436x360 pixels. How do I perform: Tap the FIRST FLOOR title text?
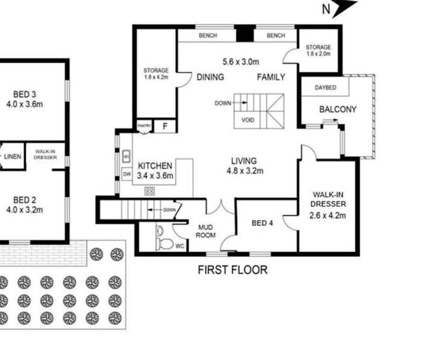pyautogui.click(x=232, y=270)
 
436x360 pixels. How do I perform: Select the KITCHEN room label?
pyautogui.click(x=155, y=166)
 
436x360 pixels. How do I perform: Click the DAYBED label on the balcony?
pyautogui.click(x=325, y=87)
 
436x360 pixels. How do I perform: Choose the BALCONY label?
pyautogui.click(x=338, y=109)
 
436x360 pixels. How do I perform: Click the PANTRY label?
pyautogui.click(x=144, y=126)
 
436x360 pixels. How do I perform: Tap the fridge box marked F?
pyautogui.click(x=165, y=126)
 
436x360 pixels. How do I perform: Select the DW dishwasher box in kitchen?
pyautogui.click(x=127, y=174)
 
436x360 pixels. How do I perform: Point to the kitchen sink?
pyautogui.click(x=126, y=156)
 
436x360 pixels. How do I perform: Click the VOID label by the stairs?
pyautogui.click(x=247, y=121)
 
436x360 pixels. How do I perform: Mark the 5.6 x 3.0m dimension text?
pyautogui.click(x=241, y=62)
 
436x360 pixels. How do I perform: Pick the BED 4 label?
pyautogui.click(x=262, y=223)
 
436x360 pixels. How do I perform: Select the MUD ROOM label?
pyautogui.click(x=206, y=231)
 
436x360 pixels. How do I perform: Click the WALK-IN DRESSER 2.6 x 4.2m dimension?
pyautogui.click(x=328, y=215)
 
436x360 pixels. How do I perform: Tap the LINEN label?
pyautogui.click(x=13, y=156)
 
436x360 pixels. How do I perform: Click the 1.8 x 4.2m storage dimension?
pyautogui.click(x=156, y=77)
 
